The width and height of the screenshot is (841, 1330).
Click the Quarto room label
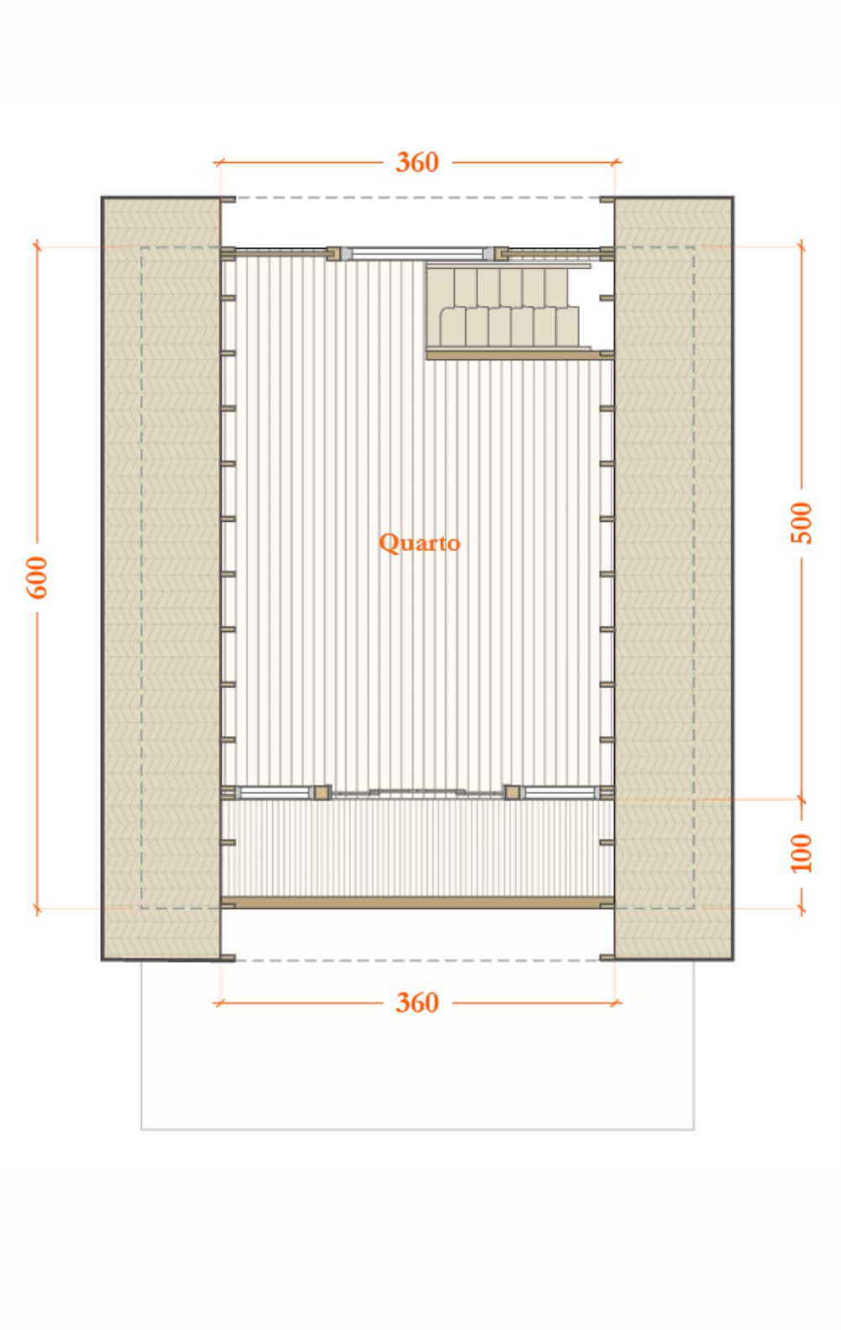[x=419, y=544]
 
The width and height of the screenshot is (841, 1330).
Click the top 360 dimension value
[x=417, y=162]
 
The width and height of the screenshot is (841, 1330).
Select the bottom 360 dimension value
[x=417, y=1003]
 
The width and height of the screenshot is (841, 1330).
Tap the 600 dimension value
[x=37, y=576]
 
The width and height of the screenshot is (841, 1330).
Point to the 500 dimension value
[x=802, y=523]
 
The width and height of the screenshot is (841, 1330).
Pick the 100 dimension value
[x=802, y=853]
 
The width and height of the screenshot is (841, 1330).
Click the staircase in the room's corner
[x=509, y=308]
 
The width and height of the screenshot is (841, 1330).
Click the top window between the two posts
[x=418, y=254]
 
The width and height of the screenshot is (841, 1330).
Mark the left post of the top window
[x=334, y=254]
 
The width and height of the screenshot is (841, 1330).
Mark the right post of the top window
[x=502, y=254]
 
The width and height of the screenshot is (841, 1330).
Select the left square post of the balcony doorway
[x=322, y=792]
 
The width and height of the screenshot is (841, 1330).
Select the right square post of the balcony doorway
[x=512, y=792]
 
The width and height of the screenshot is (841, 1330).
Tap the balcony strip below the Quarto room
[x=417, y=848]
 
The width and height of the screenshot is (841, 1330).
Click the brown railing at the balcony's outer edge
[x=417, y=902]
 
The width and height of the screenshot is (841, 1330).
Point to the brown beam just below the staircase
[x=520, y=355]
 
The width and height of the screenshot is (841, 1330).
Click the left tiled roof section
[x=161, y=578]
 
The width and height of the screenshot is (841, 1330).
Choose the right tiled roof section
[x=674, y=578]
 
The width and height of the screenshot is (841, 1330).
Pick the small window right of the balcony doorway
[x=560, y=792]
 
